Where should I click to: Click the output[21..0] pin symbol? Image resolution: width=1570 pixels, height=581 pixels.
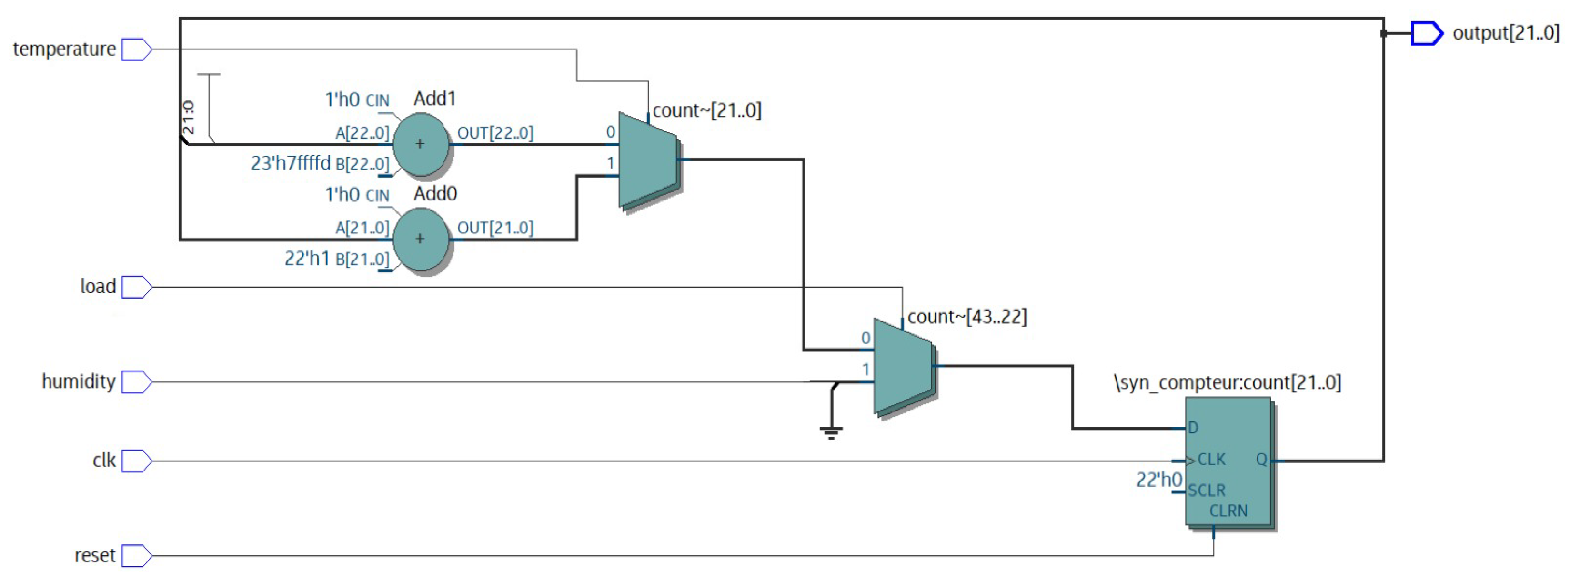pos(1427,33)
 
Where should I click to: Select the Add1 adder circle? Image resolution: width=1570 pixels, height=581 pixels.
pos(420,144)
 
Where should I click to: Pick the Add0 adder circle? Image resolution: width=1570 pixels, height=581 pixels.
pos(420,239)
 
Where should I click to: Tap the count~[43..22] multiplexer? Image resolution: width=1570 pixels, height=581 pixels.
pos(903,366)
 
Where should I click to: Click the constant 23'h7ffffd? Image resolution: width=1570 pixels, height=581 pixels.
pos(290,163)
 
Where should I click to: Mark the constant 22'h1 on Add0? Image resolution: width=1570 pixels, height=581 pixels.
pos(307,259)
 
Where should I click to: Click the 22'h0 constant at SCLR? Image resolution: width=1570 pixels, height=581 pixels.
pos(1158,480)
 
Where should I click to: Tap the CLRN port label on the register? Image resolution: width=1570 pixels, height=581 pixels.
pos(1228,511)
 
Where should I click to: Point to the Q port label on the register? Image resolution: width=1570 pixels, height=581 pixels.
pos(1261,460)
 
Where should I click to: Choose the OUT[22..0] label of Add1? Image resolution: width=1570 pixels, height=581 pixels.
pos(495,133)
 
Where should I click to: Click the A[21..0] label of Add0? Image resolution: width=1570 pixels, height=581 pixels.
pos(362,228)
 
